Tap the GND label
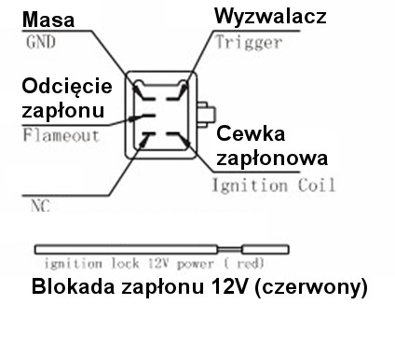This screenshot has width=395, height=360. pyautogui.click(x=40, y=42)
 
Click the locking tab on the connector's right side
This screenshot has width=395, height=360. pyautogui.click(x=205, y=111)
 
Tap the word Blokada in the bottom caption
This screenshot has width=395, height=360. pyautogui.click(x=72, y=286)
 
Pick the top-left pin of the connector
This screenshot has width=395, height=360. pyautogui.click(x=141, y=90)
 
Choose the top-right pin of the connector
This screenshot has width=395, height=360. pyautogui.click(x=184, y=90)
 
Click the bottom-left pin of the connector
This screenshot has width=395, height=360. pyautogui.click(x=144, y=139)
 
